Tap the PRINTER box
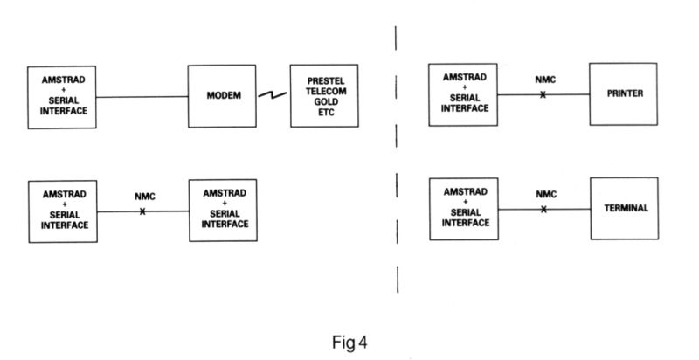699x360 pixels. (x=623, y=93)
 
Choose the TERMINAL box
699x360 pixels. (x=623, y=209)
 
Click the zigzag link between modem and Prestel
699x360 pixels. (x=273, y=95)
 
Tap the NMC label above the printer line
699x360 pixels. (x=543, y=80)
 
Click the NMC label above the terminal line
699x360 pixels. (x=543, y=195)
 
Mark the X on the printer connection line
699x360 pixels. (x=543, y=93)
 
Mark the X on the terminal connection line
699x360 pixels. (x=543, y=209)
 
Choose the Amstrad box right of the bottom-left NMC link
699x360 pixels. (x=225, y=209)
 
